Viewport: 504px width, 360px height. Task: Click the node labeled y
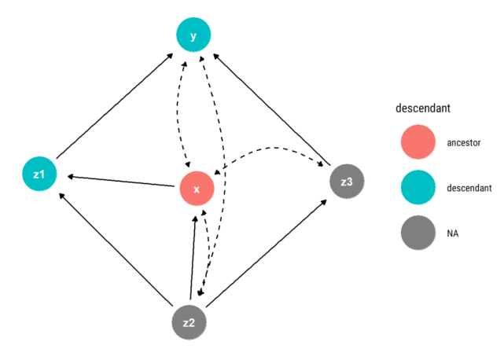click(193, 35)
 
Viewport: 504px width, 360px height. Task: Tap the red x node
click(197, 189)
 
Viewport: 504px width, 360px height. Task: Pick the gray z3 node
click(346, 182)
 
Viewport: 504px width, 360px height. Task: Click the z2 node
click(189, 322)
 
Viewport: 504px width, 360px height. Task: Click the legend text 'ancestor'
click(464, 144)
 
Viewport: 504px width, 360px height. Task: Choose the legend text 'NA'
click(452, 233)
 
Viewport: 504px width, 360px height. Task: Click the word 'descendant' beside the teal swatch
click(469, 189)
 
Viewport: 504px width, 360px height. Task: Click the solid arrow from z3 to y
click(271, 108)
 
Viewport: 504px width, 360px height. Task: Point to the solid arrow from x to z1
click(118, 180)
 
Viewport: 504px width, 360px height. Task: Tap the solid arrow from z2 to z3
click(267, 252)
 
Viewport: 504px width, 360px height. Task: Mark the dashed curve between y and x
click(180, 110)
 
